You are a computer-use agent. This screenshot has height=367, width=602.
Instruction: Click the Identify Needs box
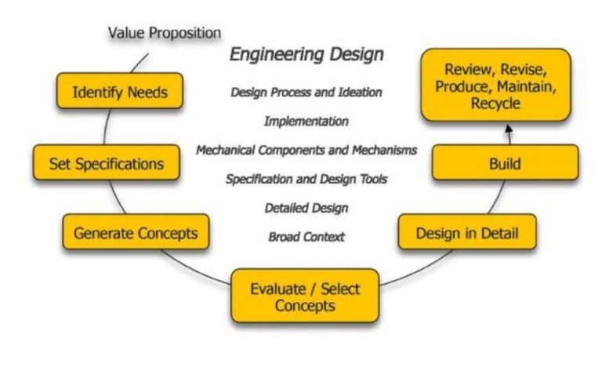pyautogui.click(x=120, y=92)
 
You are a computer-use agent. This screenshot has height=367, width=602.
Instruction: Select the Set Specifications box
pyautogui.click(x=107, y=163)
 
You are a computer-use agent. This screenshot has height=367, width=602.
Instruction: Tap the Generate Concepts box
pyautogui.click(x=136, y=232)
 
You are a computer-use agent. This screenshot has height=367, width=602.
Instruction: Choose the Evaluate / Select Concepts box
pyautogui.click(x=305, y=296)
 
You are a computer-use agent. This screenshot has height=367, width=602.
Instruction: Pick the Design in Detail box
pyautogui.click(x=466, y=232)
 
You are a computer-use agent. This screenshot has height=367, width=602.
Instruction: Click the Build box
pyautogui.click(x=505, y=164)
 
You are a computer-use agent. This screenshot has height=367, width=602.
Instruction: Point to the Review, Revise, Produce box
pyautogui.click(x=495, y=85)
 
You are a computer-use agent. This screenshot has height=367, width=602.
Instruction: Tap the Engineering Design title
pyautogui.click(x=306, y=55)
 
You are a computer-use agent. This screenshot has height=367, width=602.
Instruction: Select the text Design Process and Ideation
pyautogui.click(x=306, y=92)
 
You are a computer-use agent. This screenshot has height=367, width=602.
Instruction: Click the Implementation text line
pyautogui.click(x=306, y=121)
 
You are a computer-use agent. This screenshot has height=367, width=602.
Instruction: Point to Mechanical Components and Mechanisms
pyautogui.click(x=306, y=150)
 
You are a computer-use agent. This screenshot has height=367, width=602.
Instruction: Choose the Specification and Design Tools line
pyautogui.click(x=306, y=179)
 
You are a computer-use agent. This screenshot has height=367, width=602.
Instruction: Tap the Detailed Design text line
pyautogui.click(x=306, y=208)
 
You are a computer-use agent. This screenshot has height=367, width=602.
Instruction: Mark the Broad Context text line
pyautogui.click(x=306, y=236)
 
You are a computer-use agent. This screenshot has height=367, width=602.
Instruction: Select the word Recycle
pyautogui.click(x=495, y=103)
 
